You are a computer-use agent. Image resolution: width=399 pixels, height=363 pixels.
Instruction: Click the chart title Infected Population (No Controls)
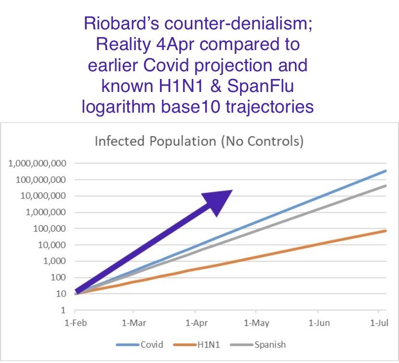[x=199, y=141]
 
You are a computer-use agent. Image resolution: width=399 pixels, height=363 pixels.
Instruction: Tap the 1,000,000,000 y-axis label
[x=38, y=164]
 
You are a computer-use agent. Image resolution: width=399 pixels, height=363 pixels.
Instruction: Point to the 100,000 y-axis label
[x=50, y=229]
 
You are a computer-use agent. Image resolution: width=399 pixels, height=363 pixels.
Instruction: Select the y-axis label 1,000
[x=54, y=261]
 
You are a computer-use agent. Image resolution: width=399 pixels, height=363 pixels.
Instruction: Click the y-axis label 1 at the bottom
[x=63, y=310]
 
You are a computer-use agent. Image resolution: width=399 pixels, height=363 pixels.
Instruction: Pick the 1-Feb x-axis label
[x=76, y=323]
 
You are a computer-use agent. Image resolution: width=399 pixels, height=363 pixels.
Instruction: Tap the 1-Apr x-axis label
[x=197, y=323]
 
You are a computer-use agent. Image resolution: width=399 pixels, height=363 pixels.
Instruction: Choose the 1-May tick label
[x=256, y=323]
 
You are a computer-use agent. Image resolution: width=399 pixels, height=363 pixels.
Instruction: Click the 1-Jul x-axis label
[x=379, y=323]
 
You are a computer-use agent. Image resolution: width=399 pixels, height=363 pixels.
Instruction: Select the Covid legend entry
[x=139, y=345]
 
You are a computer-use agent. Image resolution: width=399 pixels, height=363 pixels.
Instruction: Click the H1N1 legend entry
[x=196, y=345]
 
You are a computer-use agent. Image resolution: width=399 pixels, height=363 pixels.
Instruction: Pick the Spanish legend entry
[x=258, y=345]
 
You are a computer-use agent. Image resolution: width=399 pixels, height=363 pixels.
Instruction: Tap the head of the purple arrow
[x=232, y=190]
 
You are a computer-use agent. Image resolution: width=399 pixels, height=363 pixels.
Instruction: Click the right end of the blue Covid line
[x=386, y=171]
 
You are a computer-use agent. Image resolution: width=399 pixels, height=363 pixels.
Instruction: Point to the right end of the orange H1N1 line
[x=386, y=231]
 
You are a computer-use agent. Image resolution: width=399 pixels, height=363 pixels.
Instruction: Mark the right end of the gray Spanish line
[x=386, y=186]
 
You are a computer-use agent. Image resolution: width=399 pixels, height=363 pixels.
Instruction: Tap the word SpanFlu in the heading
[x=260, y=86]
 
